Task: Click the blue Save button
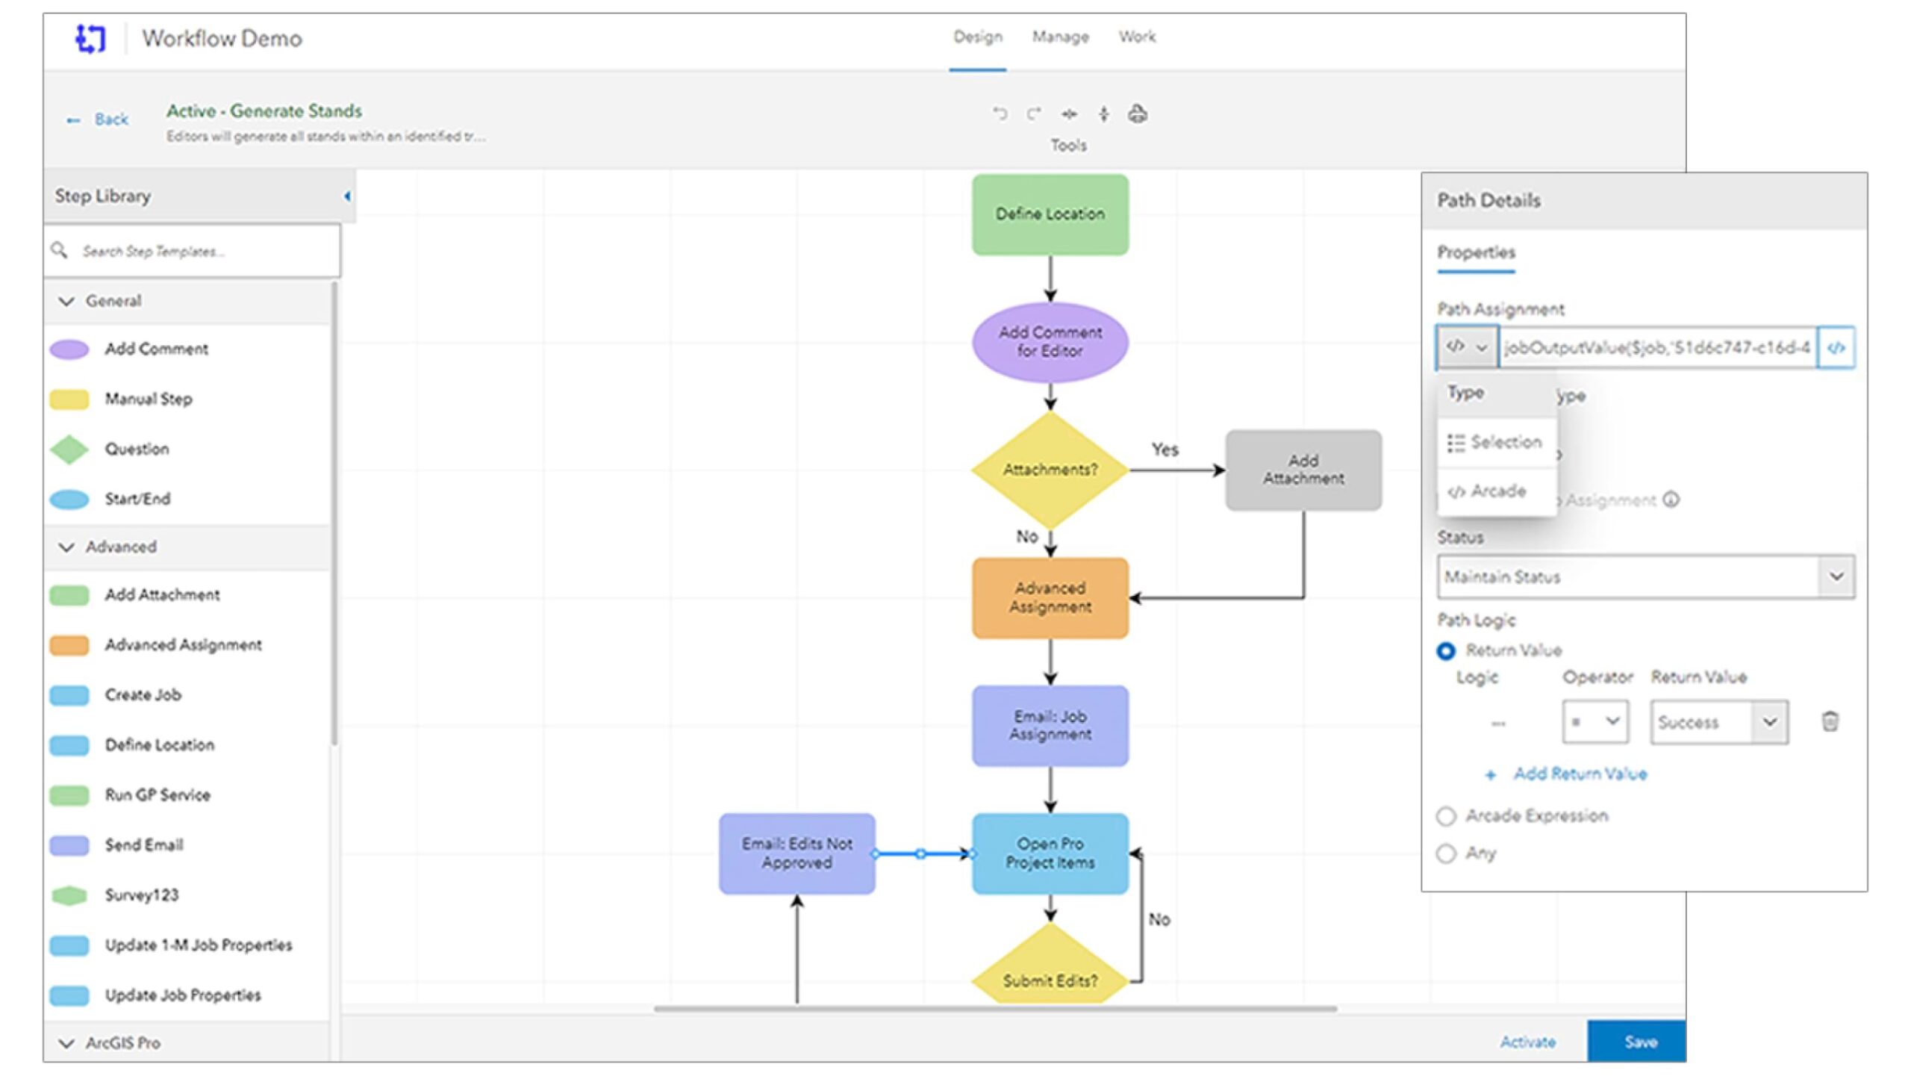pyautogui.click(x=1639, y=1042)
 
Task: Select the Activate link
pyautogui.click(x=1527, y=1042)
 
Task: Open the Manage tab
pyautogui.click(x=1060, y=37)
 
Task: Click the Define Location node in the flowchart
pyautogui.click(x=1050, y=214)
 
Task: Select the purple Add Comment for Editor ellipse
pyautogui.click(x=1050, y=342)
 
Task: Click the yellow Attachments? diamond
pyautogui.click(x=1050, y=470)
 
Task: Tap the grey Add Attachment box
pyautogui.click(x=1303, y=470)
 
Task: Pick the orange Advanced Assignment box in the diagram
pyautogui.click(x=1050, y=597)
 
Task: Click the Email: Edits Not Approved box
pyautogui.click(x=796, y=853)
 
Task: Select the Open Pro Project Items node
pyautogui.click(x=1050, y=853)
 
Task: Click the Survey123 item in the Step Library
pyautogui.click(x=141, y=895)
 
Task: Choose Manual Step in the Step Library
pyautogui.click(x=148, y=399)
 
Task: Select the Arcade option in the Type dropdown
pyautogui.click(x=1497, y=491)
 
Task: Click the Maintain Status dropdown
pyautogui.click(x=1645, y=576)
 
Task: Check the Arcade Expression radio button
pyautogui.click(x=1446, y=816)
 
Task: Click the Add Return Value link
pyautogui.click(x=1579, y=774)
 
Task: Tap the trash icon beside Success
pyautogui.click(x=1830, y=721)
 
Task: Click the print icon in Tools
pyautogui.click(x=1138, y=114)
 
